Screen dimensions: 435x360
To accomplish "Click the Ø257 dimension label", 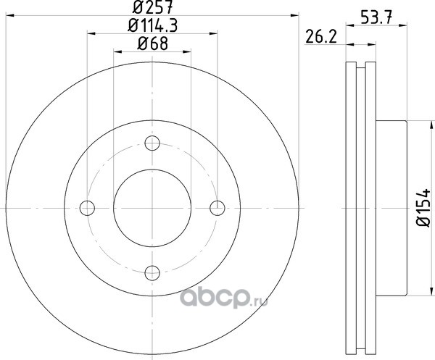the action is click(152, 7).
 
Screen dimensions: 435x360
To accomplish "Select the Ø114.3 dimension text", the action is click(152, 26).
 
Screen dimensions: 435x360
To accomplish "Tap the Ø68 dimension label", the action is click(152, 43).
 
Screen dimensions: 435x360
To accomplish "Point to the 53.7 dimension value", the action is click(376, 17).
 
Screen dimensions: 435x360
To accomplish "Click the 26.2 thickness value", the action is click(321, 37).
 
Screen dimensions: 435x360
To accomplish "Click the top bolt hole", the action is click(152, 143).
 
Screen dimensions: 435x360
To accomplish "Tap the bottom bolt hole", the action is click(152, 273).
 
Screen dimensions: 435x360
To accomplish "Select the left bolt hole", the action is click(87, 208).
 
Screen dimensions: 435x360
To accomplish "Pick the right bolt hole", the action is click(217, 208).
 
